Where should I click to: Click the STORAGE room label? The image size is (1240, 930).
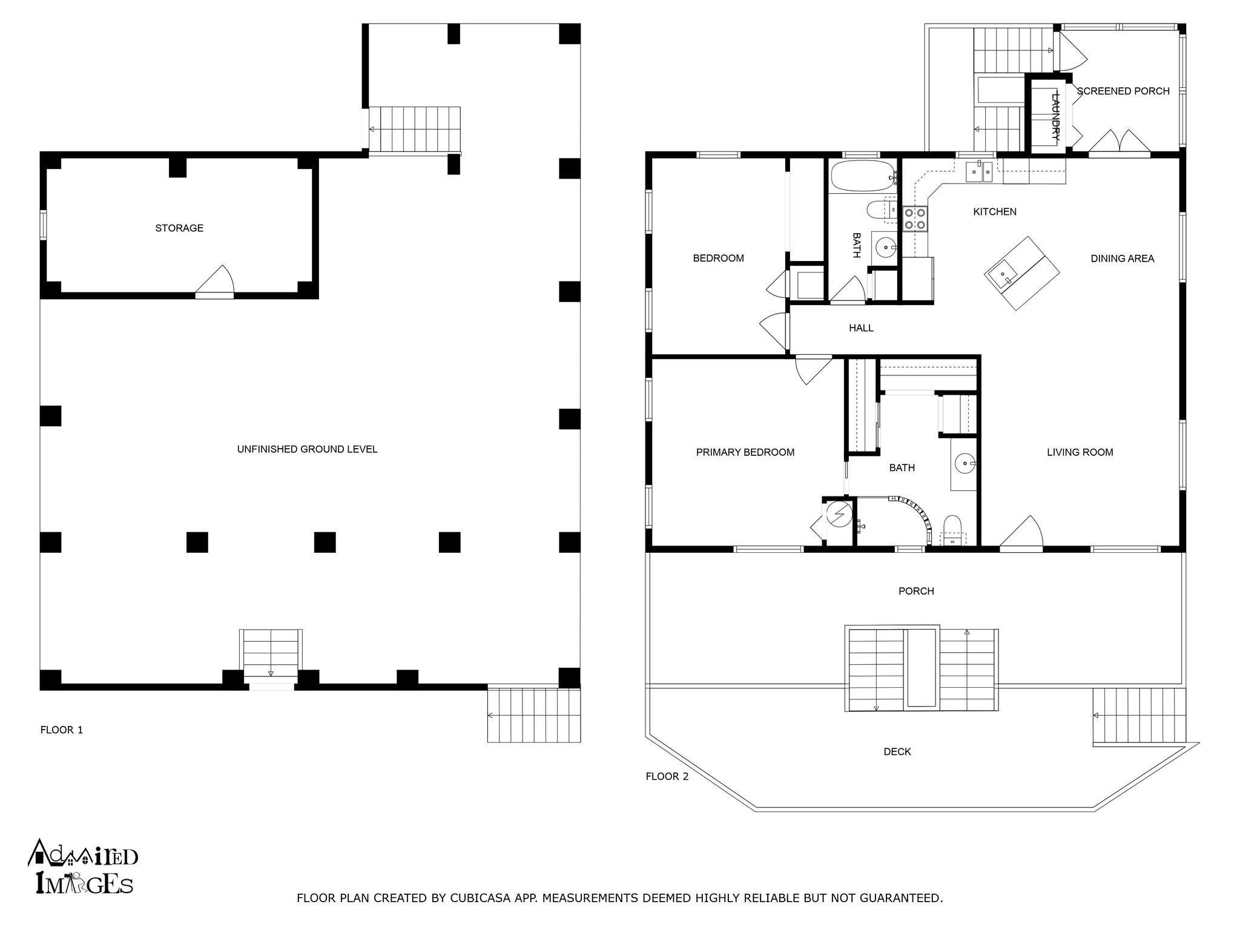tap(179, 228)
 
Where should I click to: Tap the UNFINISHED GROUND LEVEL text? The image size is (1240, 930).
tap(307, 449)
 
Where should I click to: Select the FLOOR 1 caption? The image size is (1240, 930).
tap(62, 730)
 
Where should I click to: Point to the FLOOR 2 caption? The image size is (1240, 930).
tap(667, 776)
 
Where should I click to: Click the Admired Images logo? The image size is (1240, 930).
tap(83, 867)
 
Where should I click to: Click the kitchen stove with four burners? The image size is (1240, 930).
tap(914, 219)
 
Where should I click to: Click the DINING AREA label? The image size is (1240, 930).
tap(1122, 259)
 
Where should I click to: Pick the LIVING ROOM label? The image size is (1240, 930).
tap(1080, 452)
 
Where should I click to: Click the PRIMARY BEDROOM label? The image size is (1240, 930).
tap(745, 452)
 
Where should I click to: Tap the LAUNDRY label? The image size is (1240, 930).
tap(1056, 116)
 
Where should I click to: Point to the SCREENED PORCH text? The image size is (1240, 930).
tap(1123, 91)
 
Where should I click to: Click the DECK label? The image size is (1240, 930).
tap(897, 751)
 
